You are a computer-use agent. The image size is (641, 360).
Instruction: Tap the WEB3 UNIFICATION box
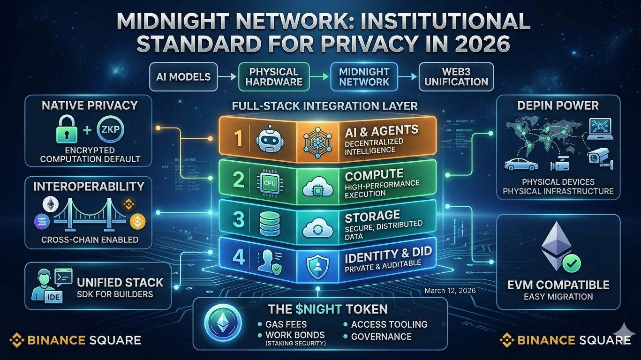point(457,77)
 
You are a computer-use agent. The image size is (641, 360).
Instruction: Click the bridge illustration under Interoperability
point(89,215)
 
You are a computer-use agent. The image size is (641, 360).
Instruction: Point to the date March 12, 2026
point(450,291)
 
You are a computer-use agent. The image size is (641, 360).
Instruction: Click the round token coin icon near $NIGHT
point(223,323)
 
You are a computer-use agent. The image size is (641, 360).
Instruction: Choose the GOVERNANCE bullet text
point(381,336)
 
